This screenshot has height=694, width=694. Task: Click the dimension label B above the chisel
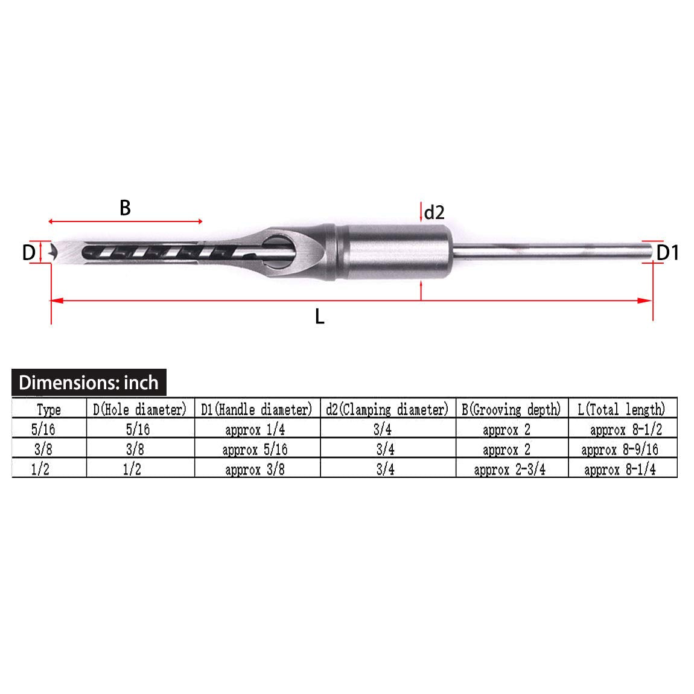click(x=125, y=208)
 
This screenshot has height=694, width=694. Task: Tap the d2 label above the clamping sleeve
click(x=435, y=212)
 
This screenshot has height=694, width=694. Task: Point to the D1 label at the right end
click(x=667, y=253)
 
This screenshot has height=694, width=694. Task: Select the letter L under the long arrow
click(x=319, y=316)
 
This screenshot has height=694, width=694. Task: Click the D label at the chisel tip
click(x=28, y=253)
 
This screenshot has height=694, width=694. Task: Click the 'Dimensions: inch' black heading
click(x=89, y=383)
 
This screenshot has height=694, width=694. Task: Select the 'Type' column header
click(x=49, y=410)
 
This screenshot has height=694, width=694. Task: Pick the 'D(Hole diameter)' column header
click(x=140, y=410)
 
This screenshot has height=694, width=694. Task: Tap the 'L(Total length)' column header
click(x=621, y=410)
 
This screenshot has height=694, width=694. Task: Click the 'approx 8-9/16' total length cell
click(x=620, y=450)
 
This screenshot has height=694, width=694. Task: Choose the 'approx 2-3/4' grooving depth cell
click(x=510, y=470)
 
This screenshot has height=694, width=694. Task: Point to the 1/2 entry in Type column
click(x=40, y=470)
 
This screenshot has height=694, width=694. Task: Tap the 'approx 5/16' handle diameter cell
click(x=255, y=450)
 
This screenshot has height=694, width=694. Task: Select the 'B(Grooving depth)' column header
click(x=511, y=410)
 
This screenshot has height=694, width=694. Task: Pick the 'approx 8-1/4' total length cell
click(x=620, y=470)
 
